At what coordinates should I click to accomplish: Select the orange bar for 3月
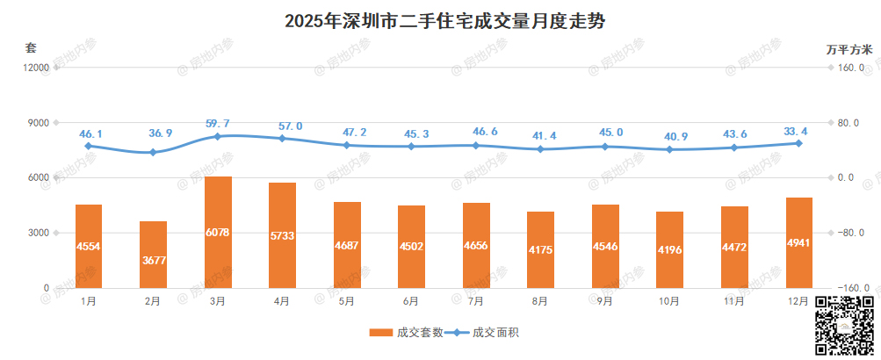click(x=218, y=232)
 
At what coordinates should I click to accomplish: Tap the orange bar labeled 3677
click(x=153, y=254)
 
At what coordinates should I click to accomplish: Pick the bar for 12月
click(x=798, y=242)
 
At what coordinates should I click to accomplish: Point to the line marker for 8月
click(x=540, y=149)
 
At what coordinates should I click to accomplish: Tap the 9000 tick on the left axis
click(x=36, y=123)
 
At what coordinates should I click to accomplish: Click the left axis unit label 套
click(x=31, y=47)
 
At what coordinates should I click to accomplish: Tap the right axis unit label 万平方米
click(x=849, y=49)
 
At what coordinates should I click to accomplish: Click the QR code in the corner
click(x=844, y=325)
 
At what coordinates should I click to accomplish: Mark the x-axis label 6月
click(x=410, y=301)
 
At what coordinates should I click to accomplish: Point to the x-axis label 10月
click(x=668, y=301)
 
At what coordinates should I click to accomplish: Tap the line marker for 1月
click(x=89, y=146)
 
